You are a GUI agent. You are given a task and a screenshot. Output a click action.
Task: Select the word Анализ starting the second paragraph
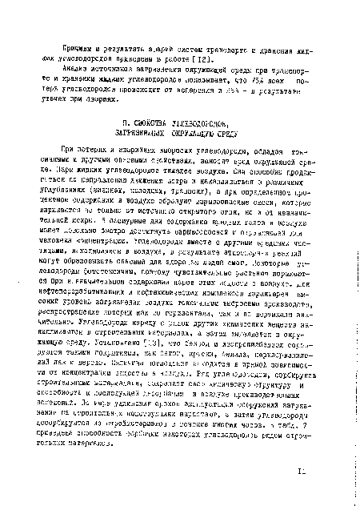click(x=76, y=71)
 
